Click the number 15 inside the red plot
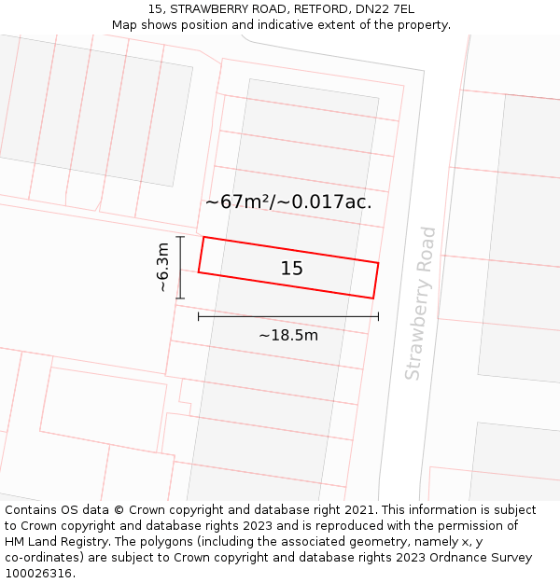pyautogui.click(x=292, y=269)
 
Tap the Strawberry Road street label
pyautogui.click(x=421, y=303)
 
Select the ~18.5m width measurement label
pyautogui.click(x=288, y=335)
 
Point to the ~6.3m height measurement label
pyautogui.click(x=162, y=268)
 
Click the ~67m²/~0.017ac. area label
pyautogui.click(x=288, y=201)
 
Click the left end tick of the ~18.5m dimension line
pyautogui.click(x=199, y=316)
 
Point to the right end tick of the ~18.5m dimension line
pyautogui.click(x=378, y=316)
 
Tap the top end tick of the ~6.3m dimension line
pyautogui.click(x=181, y=237)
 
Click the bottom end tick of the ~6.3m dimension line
pyautogui.click(x=181, y=298)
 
